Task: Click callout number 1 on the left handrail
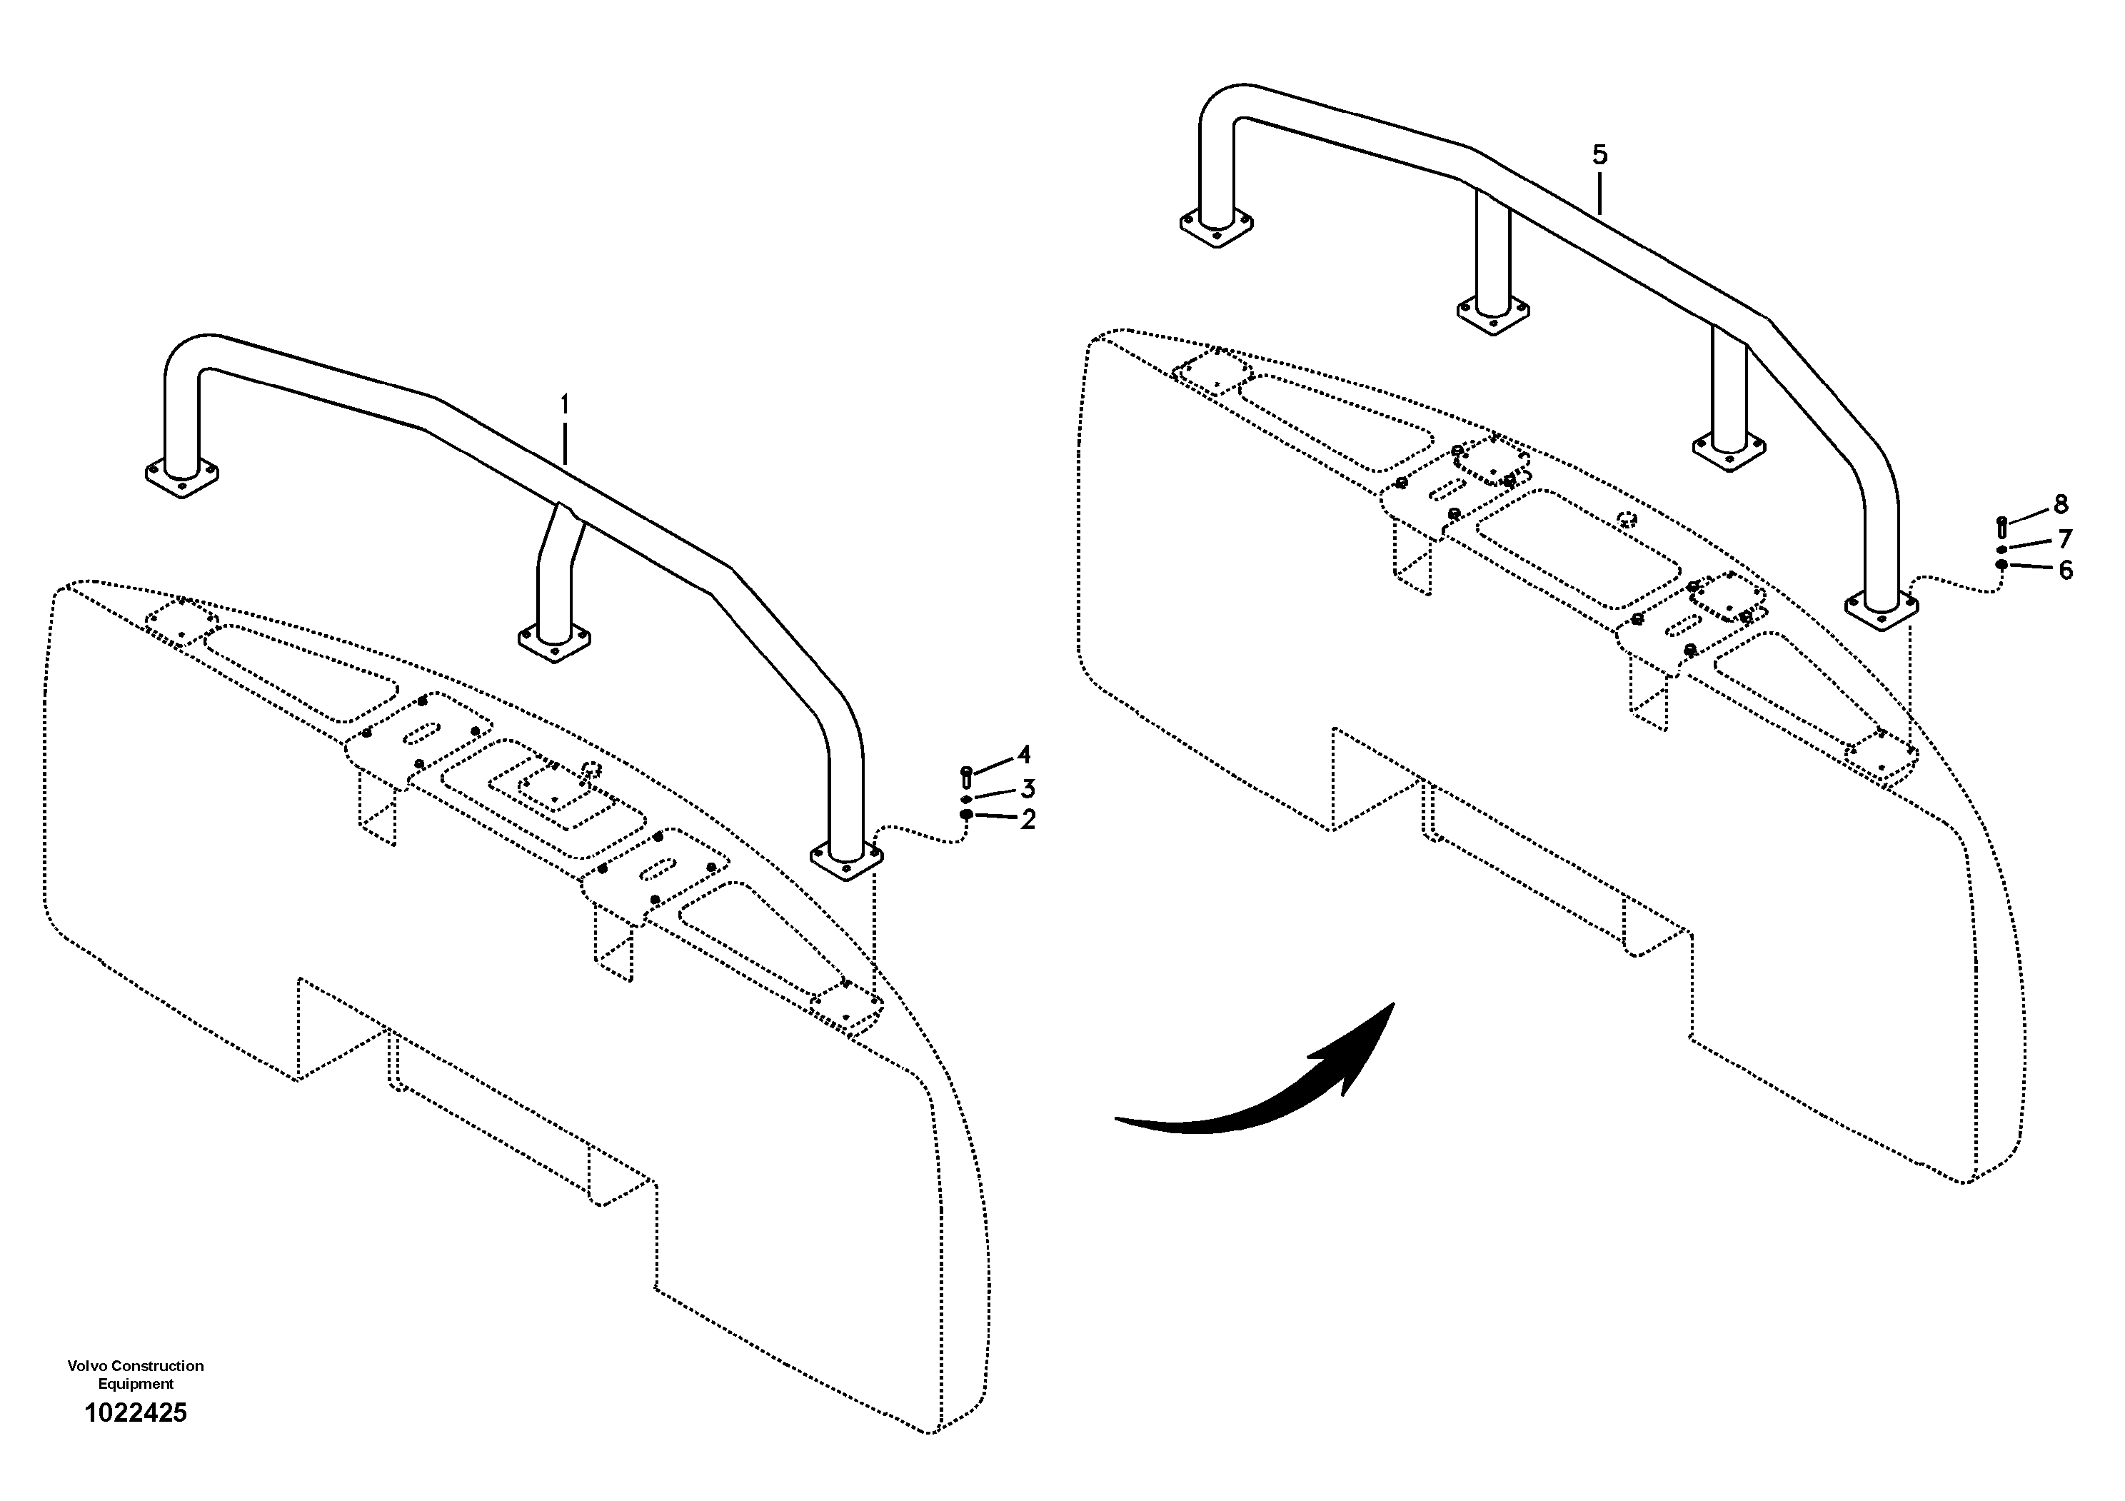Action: coord(565,406)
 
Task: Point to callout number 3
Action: coord(1028,788)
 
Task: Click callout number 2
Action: coord(1028,819)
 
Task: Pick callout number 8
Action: coord(2060,504)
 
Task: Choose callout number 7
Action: coord(2065,538)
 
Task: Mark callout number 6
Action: coord(2066,570)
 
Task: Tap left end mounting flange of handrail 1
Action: coord(182,478)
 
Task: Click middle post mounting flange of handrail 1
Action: coord(553,644)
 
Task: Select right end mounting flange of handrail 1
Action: coord(846,860)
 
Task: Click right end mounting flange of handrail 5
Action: coord(1881,611)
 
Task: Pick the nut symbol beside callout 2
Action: coord(966,814)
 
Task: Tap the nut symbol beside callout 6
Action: coord(2001,565)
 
